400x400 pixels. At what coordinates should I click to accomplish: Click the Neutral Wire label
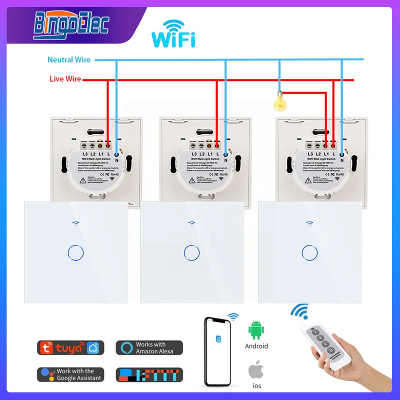(69, 59)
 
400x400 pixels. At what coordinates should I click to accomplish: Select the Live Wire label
(65, 79)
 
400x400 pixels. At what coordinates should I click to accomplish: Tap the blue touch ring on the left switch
(74, 252)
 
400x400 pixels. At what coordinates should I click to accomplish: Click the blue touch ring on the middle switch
(190, 252)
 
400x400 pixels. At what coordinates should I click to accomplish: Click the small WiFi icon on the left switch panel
(74, 223)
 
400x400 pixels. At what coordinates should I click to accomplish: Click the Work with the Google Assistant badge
(70, 374)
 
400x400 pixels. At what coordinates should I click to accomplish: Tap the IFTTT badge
(149, 374)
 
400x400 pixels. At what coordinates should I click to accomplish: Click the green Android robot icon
(256, 330)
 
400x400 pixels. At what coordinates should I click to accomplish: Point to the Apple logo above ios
(256, 370)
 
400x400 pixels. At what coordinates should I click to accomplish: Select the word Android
(256, 346)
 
